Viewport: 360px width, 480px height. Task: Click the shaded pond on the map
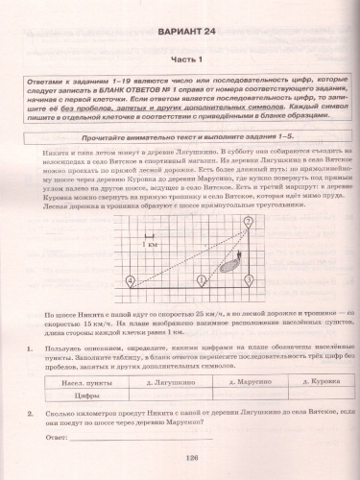pyautogui.click(x=228, y=269)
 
